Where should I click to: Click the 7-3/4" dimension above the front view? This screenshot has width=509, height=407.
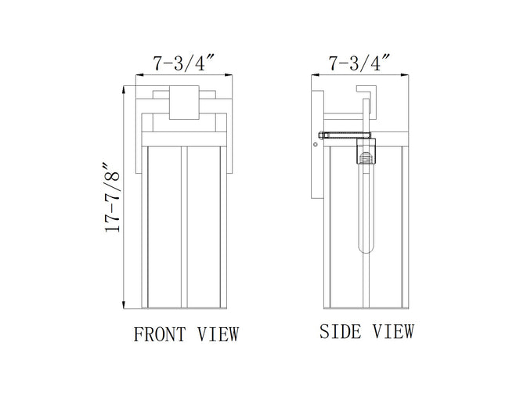point(184,63)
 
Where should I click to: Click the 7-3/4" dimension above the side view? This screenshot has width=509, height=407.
point(359,63)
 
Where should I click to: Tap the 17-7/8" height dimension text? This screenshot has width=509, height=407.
point(112,197)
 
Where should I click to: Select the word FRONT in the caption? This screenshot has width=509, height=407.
point(160,334)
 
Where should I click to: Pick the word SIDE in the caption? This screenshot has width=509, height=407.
point(340,331)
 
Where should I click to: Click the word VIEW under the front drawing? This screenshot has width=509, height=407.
point(218,334)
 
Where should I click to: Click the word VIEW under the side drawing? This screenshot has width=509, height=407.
point(393,331)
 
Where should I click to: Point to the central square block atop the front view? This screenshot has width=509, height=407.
point(184,103)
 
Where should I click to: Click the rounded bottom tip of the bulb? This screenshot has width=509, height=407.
point(366,250)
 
